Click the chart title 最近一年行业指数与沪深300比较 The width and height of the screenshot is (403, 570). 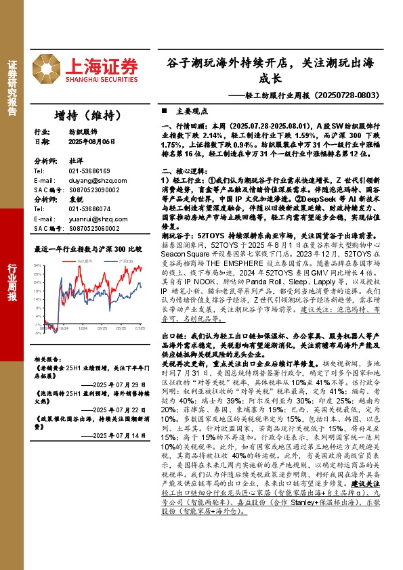[88, 249]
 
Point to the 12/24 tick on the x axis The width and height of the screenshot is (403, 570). [83, 328]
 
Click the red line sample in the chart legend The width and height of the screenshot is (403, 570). [65, 260]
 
